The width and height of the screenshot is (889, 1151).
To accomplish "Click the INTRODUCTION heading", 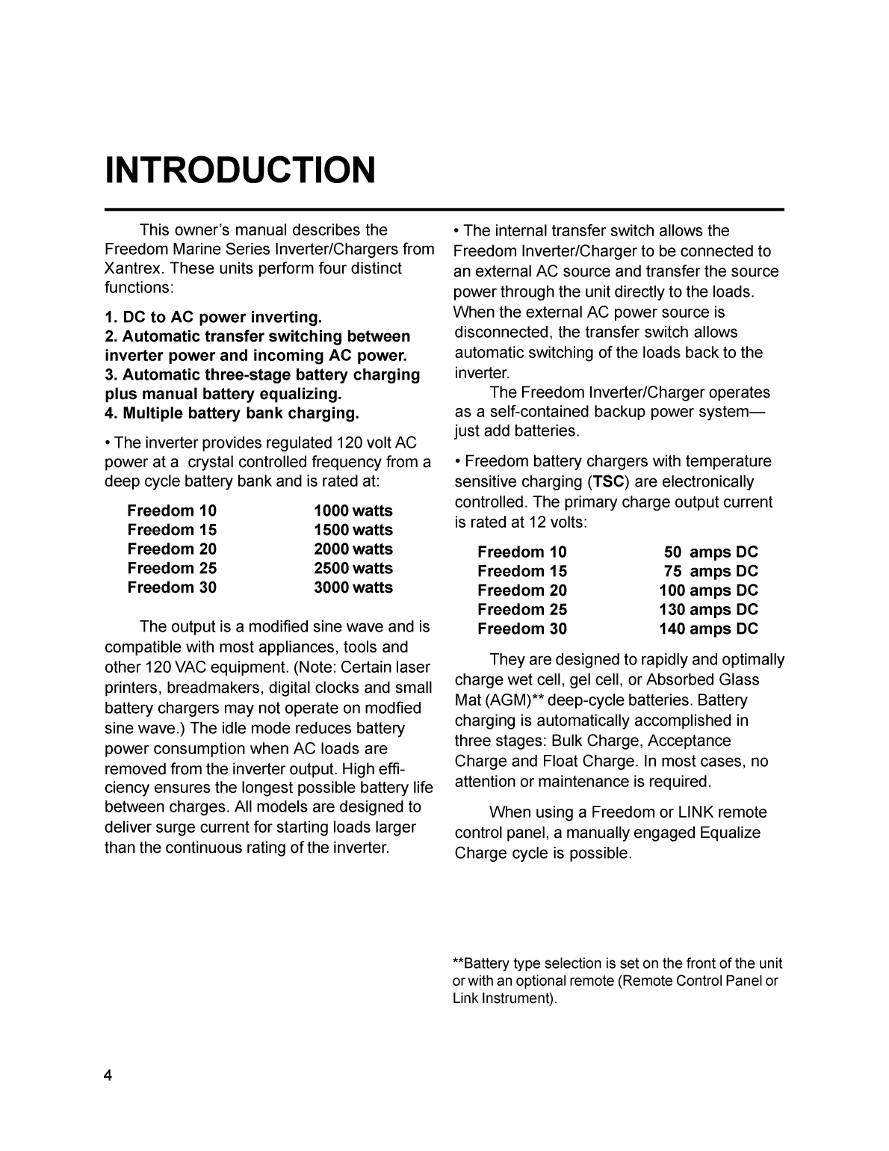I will [240, 170].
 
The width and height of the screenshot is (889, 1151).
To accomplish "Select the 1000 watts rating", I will [353, 510].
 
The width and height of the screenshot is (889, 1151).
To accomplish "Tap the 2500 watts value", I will [353, 568].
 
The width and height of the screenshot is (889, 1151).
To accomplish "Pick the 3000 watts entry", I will [353, 587].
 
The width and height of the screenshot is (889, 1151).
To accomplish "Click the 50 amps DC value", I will [710, 552].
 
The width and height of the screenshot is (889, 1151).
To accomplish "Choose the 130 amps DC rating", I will [708, 609].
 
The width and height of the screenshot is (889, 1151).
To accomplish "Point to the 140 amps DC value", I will [708, 629].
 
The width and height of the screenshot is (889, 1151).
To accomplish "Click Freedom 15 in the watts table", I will [172, 530].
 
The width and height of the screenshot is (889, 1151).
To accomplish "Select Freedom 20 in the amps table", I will [522, 590].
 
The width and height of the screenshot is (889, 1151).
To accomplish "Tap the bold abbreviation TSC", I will [608, 482].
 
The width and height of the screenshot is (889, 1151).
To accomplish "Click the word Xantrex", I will [131, 268].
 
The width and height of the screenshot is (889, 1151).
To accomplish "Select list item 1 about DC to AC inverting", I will [214, 317].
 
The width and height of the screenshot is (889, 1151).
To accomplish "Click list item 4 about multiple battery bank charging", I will [232, 413].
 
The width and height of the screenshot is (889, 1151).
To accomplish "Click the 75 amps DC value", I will [710, 571].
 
